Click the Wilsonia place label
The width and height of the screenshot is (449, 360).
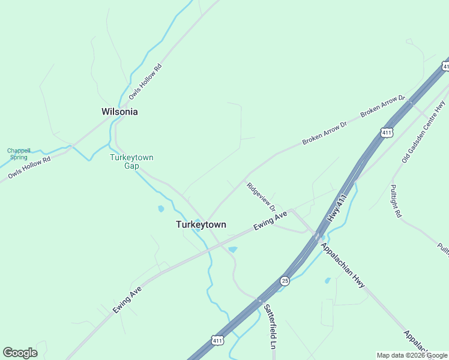[x=119, y=112]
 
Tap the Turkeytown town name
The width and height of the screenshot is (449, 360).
[x=201, y=224]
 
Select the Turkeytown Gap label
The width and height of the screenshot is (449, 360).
[x=131, y=161]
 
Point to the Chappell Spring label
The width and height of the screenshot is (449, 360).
[x=17, y=154]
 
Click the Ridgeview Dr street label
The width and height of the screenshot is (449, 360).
[x=261, y=196]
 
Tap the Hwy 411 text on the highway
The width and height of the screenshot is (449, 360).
[x=339, y=208]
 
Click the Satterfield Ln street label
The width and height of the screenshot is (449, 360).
[x=270, y=326]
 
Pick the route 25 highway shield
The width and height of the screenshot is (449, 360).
[x=285, y=280]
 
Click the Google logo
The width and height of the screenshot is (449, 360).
[x=20, y=353]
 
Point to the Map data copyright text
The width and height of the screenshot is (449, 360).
[x=412, y=355]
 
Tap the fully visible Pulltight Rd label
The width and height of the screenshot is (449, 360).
[x=395, y=201]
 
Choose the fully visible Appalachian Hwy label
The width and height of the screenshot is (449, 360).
[x=342, y=265]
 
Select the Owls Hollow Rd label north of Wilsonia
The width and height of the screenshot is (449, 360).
[x=145, y=82]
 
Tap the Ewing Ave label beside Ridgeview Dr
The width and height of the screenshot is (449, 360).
[x=271, y=221]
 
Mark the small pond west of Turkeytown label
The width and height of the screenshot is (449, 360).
[x=161, y=209]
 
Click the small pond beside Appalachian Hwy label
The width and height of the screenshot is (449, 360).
[x=327, y=280]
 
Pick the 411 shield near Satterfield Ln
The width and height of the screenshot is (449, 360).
[x=217, y=340]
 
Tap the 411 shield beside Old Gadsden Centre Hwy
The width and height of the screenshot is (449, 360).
[x=387, y=133]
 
